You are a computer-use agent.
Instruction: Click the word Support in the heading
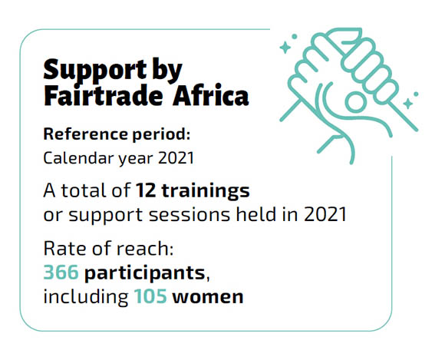(95, 71)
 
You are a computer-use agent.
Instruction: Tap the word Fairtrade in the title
(104, 95)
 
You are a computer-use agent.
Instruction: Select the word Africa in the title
(210, 95)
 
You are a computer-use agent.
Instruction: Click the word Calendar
(78, 158)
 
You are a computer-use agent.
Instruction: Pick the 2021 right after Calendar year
(176, 158)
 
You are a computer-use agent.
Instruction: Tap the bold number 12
(146, 190)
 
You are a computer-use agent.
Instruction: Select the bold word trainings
(206, 191)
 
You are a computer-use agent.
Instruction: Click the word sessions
(190, 215)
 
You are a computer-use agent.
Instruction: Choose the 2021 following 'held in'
(325, 214)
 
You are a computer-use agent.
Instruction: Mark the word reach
(145, 248)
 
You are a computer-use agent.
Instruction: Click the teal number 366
(61, 272)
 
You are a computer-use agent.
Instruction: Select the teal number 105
(150, 296)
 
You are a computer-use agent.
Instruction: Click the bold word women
(208, 297)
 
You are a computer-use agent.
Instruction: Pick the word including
(86, 297)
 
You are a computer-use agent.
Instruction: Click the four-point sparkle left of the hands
(285, 48)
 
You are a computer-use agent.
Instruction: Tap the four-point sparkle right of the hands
(408, 104)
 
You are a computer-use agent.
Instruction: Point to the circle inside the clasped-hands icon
(355, 101)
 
